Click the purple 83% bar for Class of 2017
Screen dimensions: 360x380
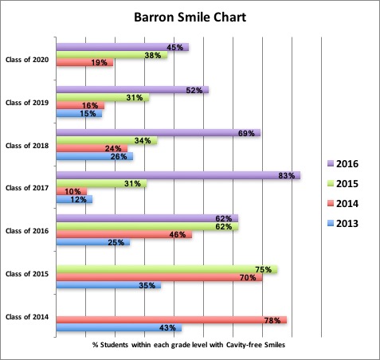[177, 175]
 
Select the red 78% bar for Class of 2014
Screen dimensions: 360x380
[170, 319]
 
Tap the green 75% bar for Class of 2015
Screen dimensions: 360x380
[166, 269]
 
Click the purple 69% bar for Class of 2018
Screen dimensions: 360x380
[157, 132]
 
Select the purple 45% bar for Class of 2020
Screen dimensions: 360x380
[121, 47]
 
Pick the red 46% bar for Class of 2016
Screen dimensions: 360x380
[123, 235]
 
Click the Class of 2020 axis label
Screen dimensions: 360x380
[27, 60]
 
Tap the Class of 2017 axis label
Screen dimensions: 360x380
[27, 188]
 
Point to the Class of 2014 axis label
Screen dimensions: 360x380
[27, 319]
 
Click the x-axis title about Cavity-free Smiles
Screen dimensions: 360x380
[188, 344]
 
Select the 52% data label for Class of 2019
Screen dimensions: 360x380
[193, 90]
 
